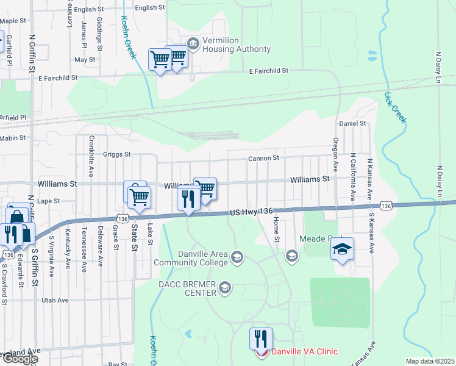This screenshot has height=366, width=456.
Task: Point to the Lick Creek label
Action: [395, 107]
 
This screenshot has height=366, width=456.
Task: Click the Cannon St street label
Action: [263, 158]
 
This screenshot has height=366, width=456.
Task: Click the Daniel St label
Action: [352, 123]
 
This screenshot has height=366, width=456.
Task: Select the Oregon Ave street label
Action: [335, 158]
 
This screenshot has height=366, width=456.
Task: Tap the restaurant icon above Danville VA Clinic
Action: [261, 337]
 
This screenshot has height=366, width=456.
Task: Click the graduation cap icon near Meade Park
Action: [343, 249]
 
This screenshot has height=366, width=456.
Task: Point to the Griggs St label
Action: [117, 154]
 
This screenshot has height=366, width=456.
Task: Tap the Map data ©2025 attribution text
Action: [430, 361]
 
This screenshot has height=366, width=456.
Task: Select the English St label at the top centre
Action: [150, 7]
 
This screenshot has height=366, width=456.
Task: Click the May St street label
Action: [85, 60]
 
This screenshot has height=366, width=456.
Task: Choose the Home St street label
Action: [276, 229]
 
